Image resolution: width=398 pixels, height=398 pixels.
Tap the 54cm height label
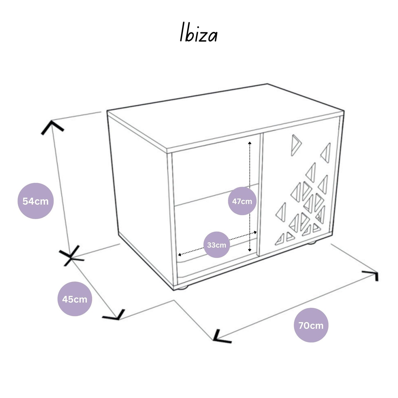(x=36, y=201)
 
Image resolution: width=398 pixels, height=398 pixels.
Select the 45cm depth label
(x=75, y=299)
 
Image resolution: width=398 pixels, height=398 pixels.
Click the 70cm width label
(x=311, y=325)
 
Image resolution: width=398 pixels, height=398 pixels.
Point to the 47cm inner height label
(x=242, y=201)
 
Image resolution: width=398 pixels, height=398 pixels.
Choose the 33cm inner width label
(x=216, y=245)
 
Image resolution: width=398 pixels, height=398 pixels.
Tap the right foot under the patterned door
(x=312, y=243)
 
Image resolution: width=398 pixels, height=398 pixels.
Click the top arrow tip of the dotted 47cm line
(x=250, y=143)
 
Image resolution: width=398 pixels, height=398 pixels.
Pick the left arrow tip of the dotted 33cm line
(x=179, y=255)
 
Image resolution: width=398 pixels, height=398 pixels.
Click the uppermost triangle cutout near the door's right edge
(x=326, y=153)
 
